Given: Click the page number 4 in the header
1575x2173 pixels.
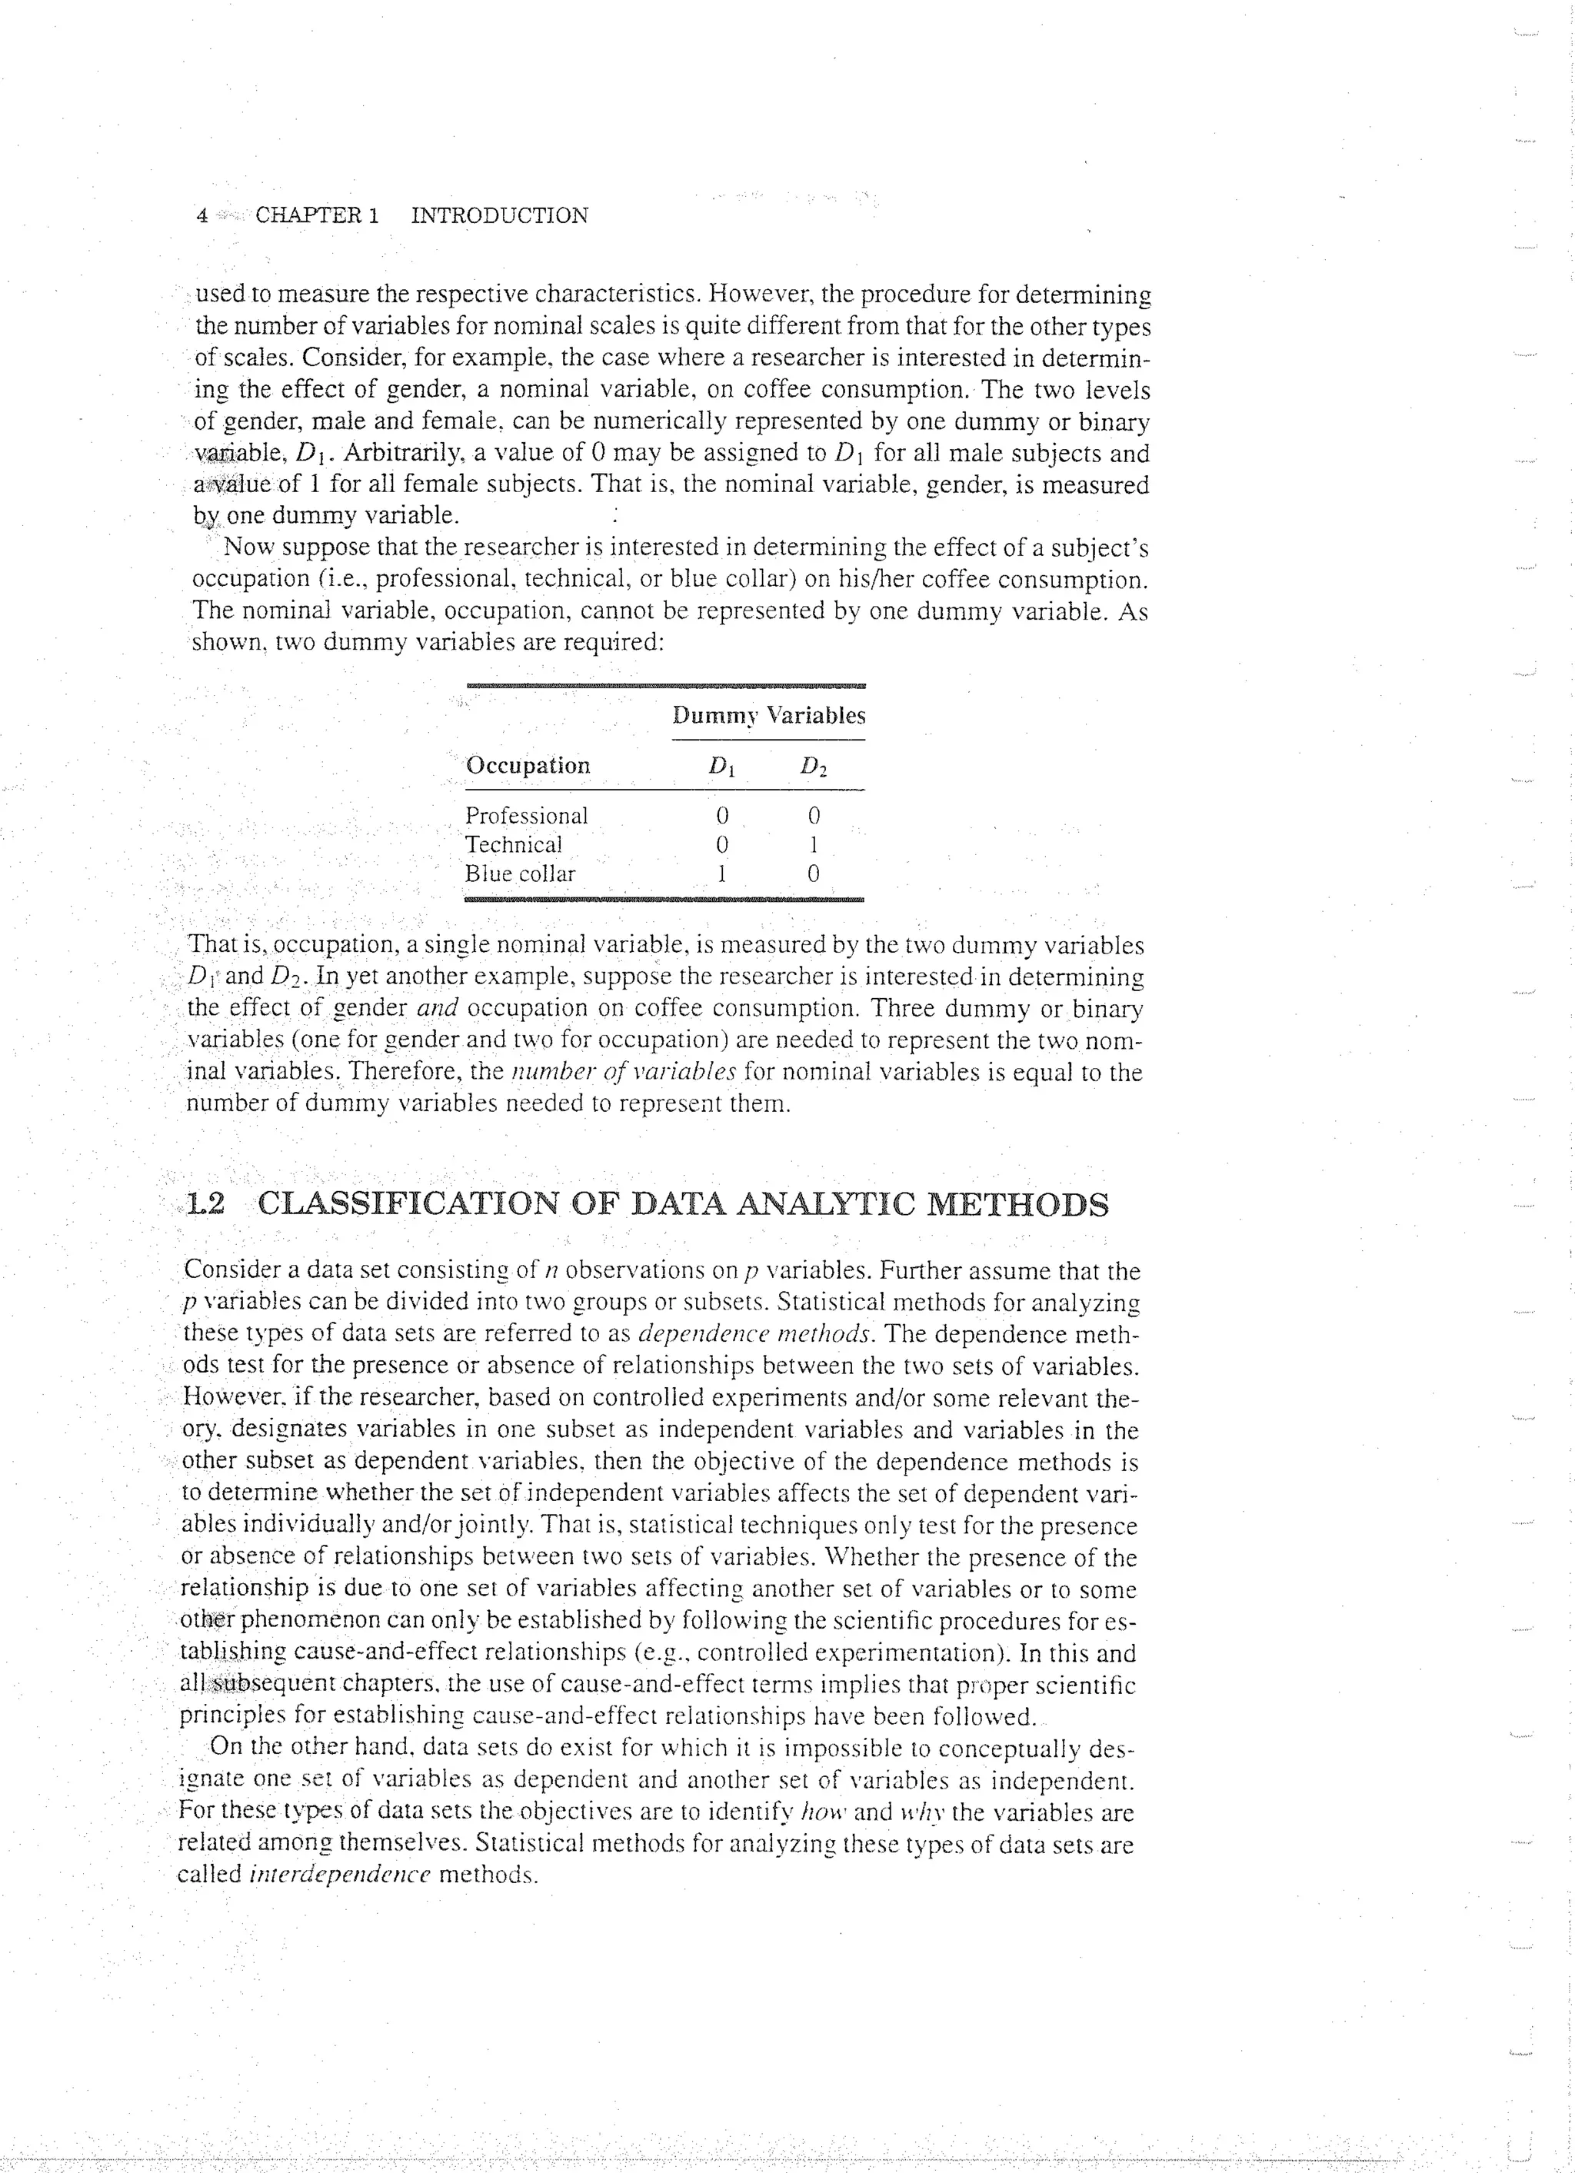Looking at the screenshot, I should point(201,215).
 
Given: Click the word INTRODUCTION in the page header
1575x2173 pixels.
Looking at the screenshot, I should point(499,215).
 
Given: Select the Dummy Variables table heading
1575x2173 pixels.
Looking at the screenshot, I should point(768,716).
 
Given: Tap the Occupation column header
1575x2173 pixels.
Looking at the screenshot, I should point(527,766).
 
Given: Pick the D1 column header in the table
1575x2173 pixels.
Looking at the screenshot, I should point(721,767).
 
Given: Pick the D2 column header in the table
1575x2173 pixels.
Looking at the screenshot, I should point(814,767).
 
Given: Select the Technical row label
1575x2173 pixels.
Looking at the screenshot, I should point(514,845).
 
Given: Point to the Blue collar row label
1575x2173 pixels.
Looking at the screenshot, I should point(519,874).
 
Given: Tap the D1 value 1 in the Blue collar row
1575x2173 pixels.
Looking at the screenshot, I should point(721,874).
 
